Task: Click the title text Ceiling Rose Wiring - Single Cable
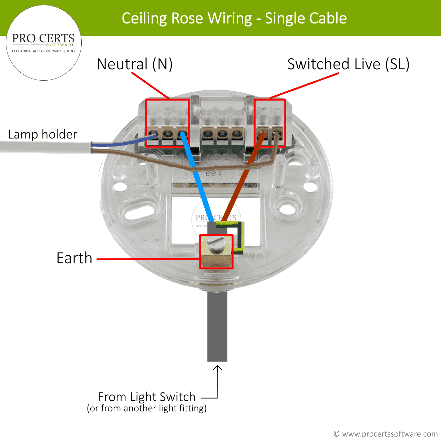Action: (234, 18)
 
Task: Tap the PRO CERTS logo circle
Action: (44, 43)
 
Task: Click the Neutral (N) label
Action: (134, 64)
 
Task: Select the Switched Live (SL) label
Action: (348, 64)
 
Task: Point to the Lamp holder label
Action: (43, 134)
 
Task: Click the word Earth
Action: (74, 258)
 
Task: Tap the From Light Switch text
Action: (146, 397)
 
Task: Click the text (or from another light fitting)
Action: (146, 408)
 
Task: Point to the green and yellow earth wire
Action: (241, 238)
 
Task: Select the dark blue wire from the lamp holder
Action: (127, 142)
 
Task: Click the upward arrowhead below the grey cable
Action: (217, 368)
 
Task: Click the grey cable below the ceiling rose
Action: (217, 327)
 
